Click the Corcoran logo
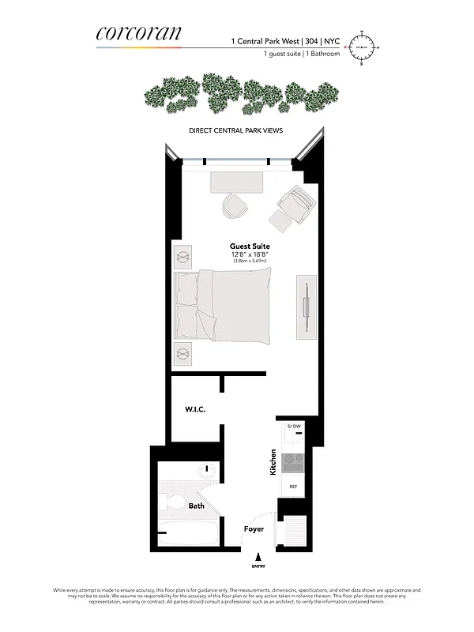click(x=138, y=34)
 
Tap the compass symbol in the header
click(x=364, y=48)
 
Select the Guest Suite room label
click(x=250, y=246)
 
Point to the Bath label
click(x=196, y=506)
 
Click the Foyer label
click(x=254, y=529)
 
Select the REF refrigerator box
click(x=293, y=487)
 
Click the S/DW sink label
click(x=293, y=427)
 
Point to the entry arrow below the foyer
click(x=258, y=558)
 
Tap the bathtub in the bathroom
click(x=189, y=533)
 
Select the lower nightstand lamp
click(x=183, y=353)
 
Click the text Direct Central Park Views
click(x=236, y=130)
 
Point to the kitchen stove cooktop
click(x=292, y=459)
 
